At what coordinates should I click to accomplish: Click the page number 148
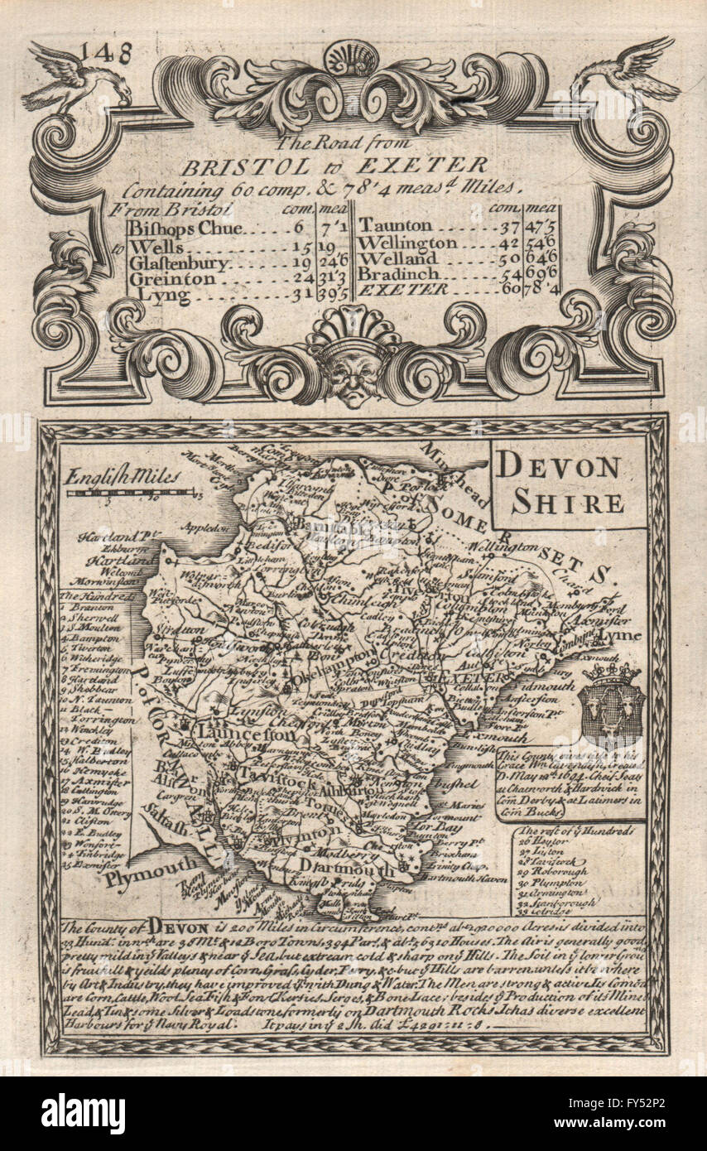click(x=108, y=53)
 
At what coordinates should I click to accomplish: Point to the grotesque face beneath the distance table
click(x=353, y=373)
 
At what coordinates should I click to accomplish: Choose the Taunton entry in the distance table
click(x=395, y=226)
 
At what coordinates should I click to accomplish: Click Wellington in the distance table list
click(x=407, y=243)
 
